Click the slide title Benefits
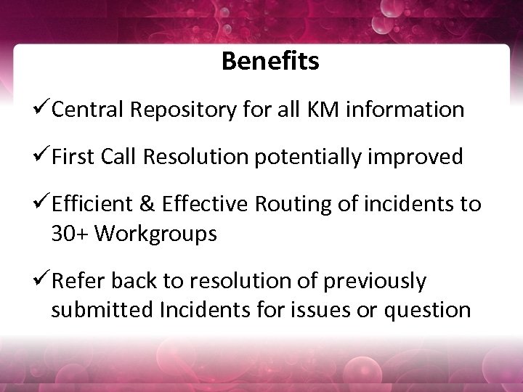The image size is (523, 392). (x=270, y=61)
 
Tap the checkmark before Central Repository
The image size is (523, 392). (x=42, y=109)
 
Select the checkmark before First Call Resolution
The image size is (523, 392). (x=42, y=157)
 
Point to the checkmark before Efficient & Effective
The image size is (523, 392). (x=42, y=205)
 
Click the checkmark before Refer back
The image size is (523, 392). (x=42, y=280)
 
